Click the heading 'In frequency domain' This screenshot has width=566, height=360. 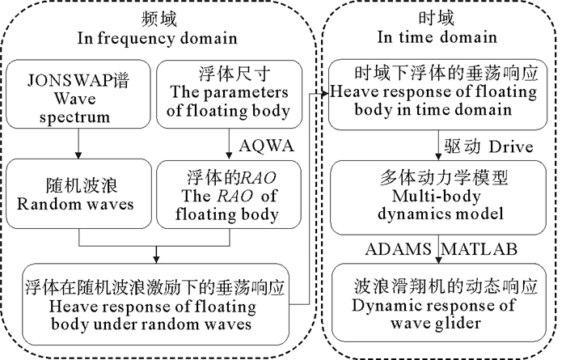pyautogui.click(x=157, y=37)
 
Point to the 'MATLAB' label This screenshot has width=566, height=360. pyautogui.click(x=483, y=246)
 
